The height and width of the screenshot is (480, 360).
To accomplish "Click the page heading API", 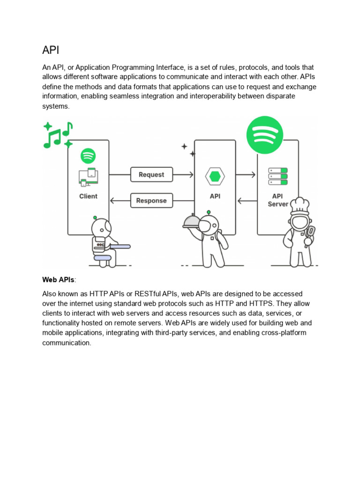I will [51, 51].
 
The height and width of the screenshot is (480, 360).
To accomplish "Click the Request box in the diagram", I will [151, 175].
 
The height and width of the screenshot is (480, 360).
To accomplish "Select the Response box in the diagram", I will [151, 201].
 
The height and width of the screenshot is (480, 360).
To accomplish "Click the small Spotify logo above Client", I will [88, 155].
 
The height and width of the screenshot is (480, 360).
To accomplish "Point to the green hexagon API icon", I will [215, 177].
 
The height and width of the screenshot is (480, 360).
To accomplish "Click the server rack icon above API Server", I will [277, 176].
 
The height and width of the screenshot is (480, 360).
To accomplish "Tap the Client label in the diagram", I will [88, 196].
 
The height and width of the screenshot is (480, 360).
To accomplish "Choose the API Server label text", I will [277, 200].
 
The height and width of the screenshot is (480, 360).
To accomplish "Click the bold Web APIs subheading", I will [58, 280].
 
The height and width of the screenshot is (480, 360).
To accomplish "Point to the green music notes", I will [58, 135].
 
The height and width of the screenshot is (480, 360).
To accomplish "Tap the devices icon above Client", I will [88, 177].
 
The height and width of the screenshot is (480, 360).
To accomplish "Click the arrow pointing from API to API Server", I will [246, 175].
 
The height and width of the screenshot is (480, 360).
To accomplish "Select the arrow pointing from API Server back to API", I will [247, 201].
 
